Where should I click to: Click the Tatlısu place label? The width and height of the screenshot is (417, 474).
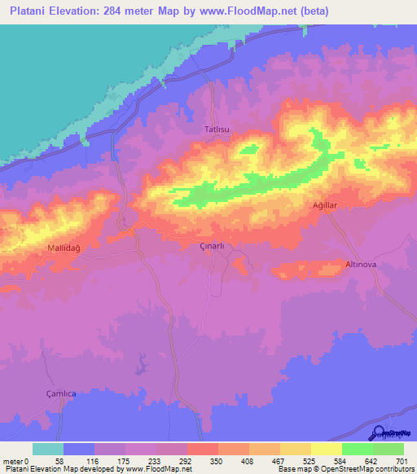[217, 129]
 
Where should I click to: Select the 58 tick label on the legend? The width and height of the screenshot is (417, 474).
[58, 461]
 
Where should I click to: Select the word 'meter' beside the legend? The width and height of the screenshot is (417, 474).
[14, 461]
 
